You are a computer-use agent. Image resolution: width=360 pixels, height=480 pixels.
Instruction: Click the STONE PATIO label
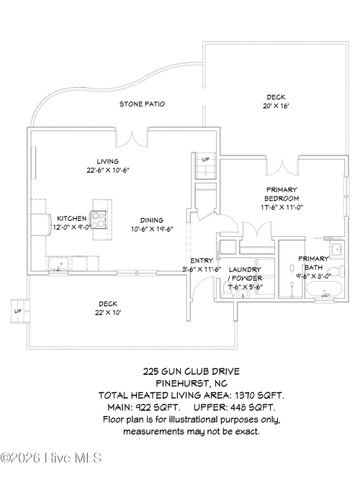click(142, 104)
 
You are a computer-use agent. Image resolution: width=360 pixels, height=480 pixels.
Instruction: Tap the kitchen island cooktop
click(99, 219)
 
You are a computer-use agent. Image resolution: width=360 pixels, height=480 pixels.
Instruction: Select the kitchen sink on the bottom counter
click(58, 263)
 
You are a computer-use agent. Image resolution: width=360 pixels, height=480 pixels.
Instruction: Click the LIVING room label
click(108, 161)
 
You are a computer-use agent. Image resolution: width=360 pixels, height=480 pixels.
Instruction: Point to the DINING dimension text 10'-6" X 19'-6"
click(152, 229)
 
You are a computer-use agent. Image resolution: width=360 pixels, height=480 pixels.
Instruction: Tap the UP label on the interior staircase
click(206, 160)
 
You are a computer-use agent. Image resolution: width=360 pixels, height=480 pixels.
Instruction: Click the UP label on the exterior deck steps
click(18, 312)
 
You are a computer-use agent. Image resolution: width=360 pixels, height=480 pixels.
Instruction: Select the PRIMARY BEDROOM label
click(282, 194)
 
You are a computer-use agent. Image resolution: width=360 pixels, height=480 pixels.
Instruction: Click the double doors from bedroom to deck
click(282, 167)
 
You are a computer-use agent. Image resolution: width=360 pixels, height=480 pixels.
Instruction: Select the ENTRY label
click(202, 261)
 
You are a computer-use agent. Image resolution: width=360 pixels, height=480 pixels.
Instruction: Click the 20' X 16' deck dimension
click(276, 106)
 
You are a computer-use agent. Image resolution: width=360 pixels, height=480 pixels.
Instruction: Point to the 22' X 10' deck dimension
click(108, 312)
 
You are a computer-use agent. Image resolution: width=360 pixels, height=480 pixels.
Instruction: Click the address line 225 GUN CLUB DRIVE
click(192, 371)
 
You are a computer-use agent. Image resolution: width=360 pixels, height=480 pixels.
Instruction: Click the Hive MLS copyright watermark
click(51, 458)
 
